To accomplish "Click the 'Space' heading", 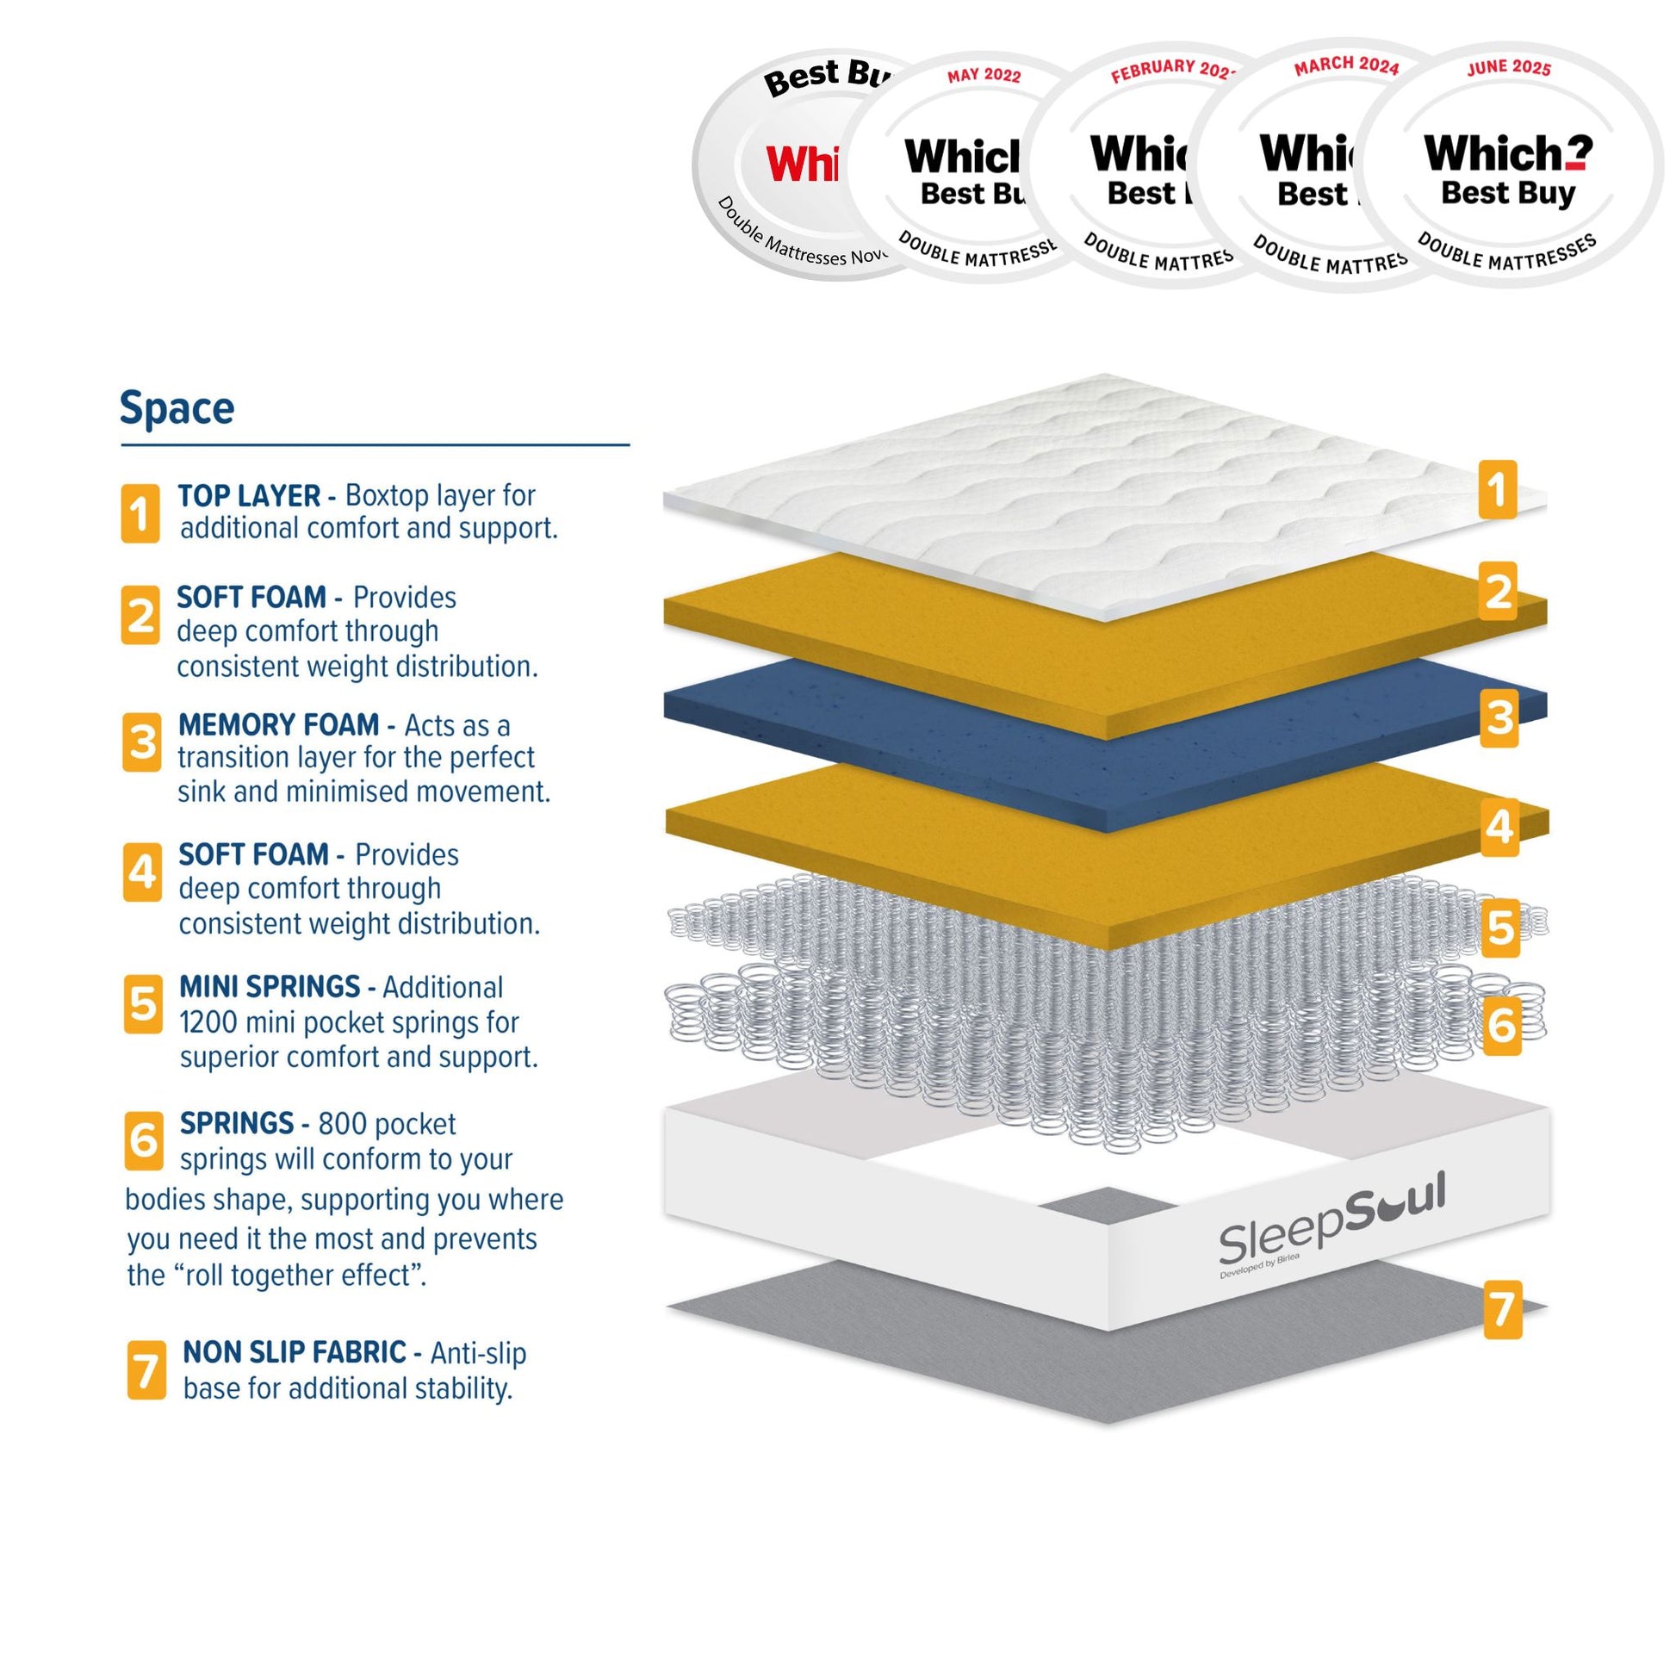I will tap(177, 407).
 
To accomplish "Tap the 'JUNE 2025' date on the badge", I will tap(1509, 69).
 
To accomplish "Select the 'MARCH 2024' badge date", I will tap(1346, 66).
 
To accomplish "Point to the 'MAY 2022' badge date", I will tap(984, 76).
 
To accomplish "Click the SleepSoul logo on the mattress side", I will tap(1331, 1218).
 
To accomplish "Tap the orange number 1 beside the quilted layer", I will tap(1498, 490).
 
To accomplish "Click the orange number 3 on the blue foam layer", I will tap(1500, 718).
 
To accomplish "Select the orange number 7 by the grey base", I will tap(1503, 1310).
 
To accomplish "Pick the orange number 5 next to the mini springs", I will tap(1501, 928).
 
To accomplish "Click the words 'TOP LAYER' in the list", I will tap(249, 496).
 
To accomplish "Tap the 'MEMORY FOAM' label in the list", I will tap(278, 724).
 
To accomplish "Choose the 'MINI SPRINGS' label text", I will tap(270, 987).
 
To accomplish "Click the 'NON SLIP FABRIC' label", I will tap(294, 1352).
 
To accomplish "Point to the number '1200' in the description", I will tap(208, 1023).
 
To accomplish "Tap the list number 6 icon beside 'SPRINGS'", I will tap(143, 1140).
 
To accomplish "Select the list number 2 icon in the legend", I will tap(140, 615).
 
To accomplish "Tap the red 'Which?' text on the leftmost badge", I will tap(803, 163).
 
